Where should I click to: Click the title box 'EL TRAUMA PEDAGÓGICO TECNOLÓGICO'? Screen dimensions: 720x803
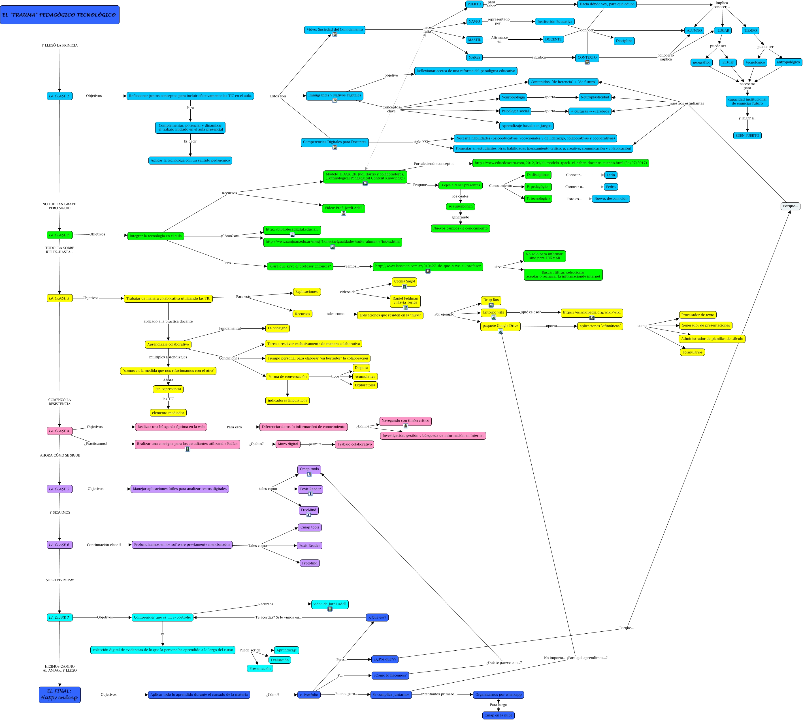[x=59, y=15]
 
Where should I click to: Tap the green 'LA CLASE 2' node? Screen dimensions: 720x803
[x=59, y=235]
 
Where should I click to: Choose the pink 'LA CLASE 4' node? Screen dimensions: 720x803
[x=59, y=431]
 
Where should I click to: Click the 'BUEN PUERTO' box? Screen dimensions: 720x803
[x=747, y=136]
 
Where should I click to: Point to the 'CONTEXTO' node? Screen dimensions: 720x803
[x=587, y=58]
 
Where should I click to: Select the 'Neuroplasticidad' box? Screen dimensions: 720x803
[x=595, y=97]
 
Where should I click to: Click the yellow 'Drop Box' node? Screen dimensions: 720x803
[x=491, y=300]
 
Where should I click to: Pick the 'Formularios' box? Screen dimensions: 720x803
[x=692, y=352]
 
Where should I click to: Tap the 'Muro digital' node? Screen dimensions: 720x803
[x=288, y=444]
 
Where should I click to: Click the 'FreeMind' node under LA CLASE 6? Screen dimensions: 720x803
[x=310, y=563]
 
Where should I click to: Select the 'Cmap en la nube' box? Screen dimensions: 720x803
[x=498, y=715]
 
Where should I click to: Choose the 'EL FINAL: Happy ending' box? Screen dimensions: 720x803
[x=59, y=694]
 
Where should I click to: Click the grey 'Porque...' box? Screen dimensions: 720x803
[x=790, y=206]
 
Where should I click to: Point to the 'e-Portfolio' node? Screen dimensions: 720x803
[x=309, y=695]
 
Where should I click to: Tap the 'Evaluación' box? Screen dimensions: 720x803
[x=279, y=660]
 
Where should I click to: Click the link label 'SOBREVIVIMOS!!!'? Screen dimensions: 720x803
[x=59, y=580]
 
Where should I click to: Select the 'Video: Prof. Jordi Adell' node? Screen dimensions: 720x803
[x=343, y=208]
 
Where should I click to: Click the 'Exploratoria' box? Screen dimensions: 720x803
[x=365, y=385]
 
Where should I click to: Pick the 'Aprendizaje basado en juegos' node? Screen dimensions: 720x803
[x=526, y=126]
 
